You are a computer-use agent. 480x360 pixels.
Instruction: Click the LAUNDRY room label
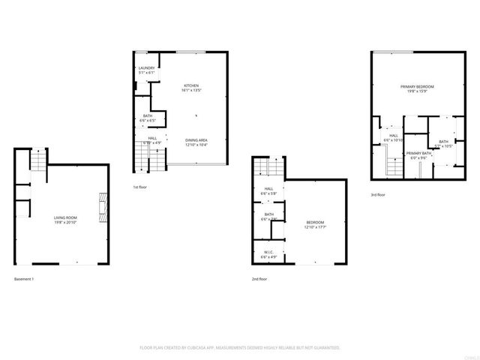coord(146,68)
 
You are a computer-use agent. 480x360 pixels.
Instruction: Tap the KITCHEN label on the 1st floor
coord(191,86)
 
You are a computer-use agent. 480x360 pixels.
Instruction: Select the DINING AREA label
coord(196,140)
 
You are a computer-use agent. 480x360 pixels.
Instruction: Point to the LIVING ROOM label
coord(64,217)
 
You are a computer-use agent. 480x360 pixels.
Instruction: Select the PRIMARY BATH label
coord(417,153)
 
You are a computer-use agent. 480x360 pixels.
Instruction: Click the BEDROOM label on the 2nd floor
coord(315,222)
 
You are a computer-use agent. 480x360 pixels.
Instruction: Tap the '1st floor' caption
coord(140,187)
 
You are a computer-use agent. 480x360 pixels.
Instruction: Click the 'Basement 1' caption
coord(25,279)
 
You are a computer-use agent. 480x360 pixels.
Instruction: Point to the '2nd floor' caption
coord(259,279)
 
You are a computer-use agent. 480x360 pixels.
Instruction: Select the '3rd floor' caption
coord(378,195)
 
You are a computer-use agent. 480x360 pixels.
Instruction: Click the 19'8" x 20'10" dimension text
coord(64,223)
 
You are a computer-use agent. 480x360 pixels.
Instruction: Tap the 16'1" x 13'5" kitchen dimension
coord(191,91)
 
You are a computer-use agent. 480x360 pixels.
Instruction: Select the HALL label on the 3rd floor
coord(394,136)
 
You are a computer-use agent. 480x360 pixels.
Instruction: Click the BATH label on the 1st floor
coord(148,115)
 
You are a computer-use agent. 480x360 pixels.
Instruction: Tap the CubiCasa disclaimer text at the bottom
coord(240,348)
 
